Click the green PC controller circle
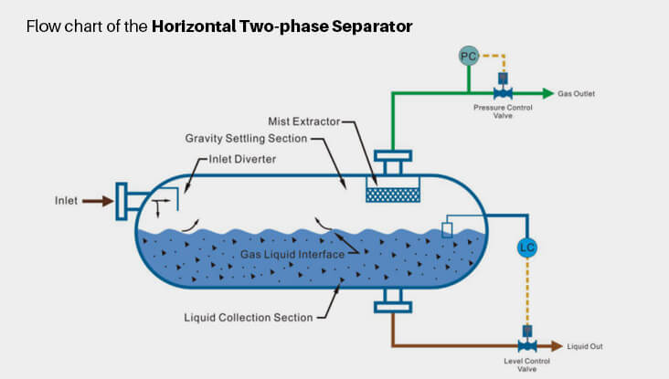coord(468,57)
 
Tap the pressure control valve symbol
coord(502,92)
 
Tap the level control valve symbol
coord(526,346)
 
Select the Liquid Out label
coord(585,347)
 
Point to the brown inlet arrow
coord(97,201)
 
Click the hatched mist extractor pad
coord(392,195)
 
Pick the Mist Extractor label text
coord(303,121)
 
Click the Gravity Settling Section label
coord(246,139)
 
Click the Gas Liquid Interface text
coord(292,255)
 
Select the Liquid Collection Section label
coord(250,317)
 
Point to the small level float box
coord(447,229)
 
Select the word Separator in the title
coord(375,26)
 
